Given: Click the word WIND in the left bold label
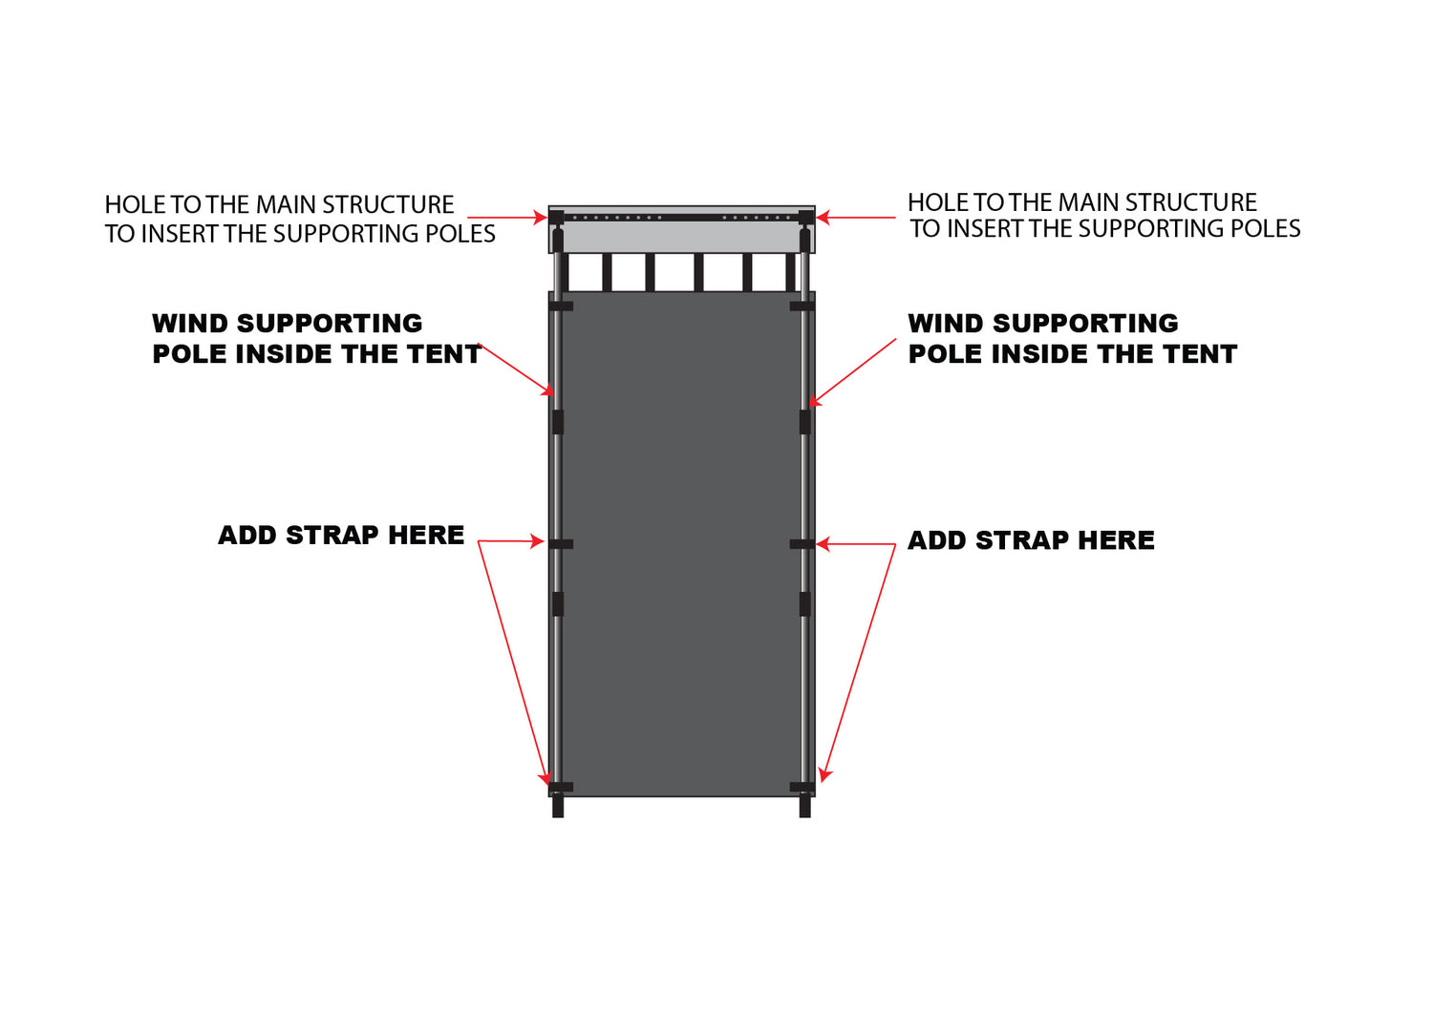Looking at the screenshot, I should point(189,324).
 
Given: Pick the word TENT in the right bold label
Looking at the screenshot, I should point(1200,354).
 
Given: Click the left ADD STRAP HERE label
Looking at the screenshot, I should point(341,536).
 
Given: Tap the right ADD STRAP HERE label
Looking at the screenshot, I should point(1031,540).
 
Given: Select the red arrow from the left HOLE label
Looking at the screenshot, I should point(506,219).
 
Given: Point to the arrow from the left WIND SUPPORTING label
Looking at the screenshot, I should point(516,369).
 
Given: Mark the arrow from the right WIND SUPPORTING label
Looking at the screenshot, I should point(853,372).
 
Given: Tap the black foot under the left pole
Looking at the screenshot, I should point(558,807).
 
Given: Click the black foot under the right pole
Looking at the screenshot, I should point(804,807).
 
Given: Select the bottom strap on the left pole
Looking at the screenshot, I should point(561,787).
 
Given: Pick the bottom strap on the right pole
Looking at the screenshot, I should point(802,787).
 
